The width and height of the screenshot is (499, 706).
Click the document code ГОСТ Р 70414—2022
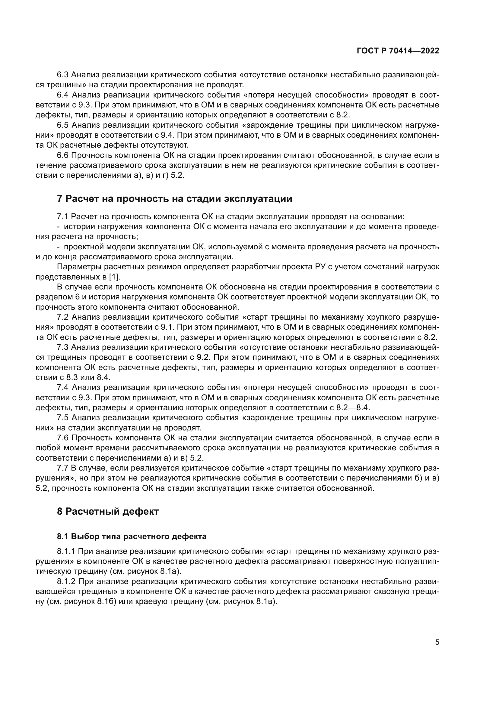[x=398, y=51]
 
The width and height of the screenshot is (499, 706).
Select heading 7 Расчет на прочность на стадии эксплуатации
[x=174, y=199]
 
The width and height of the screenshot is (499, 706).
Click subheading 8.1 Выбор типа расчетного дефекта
[x=132, y=537]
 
